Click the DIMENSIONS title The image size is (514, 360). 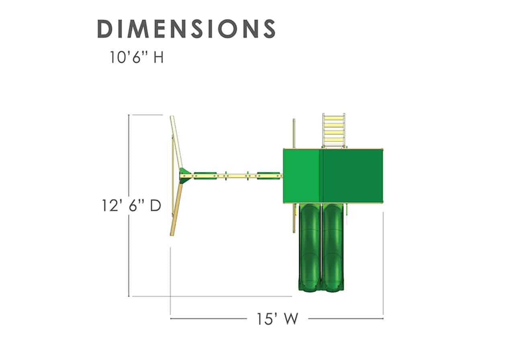pos(186,29)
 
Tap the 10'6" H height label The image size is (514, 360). pos(137,57)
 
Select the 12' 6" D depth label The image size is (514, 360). pos(131,205)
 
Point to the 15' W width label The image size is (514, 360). pos(277,319)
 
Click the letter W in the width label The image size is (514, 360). pos(291,319)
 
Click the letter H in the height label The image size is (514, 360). pos(159,57)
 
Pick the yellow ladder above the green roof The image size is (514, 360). pos(334,131)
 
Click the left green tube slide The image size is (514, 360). pos(310,248)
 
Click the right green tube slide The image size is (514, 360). pos(333,248)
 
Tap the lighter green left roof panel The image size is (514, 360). pos(301,176)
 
